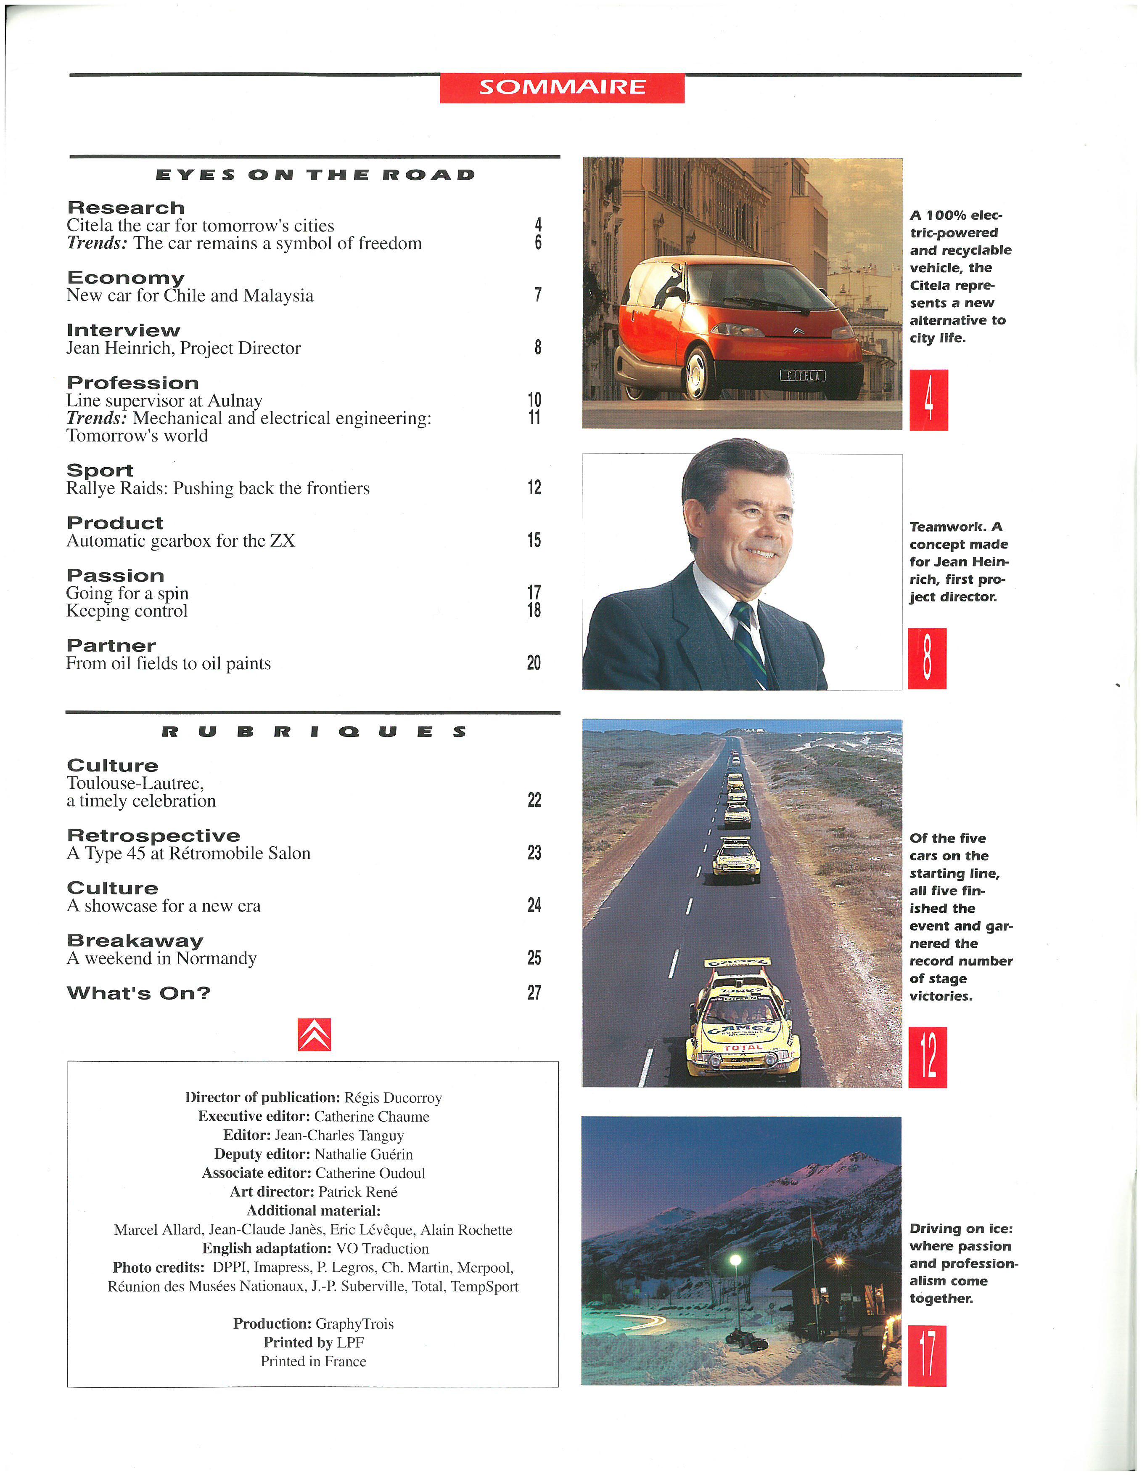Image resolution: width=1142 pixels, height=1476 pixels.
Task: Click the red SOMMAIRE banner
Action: click(x=561, y=87)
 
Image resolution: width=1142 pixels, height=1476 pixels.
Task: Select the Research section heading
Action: click(x=126, y=207)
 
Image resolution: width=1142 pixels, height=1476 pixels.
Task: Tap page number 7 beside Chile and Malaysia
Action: click(x=537, y=295)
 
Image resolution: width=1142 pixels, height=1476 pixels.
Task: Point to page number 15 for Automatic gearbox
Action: click(x=534, y=540)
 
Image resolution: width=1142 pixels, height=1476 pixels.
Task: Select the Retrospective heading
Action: click(x=153, y=836)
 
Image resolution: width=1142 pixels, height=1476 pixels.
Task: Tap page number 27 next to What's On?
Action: click(x=534, y=993)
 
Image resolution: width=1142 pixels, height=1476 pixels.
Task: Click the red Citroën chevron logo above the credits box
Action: click(x=314, y=1035)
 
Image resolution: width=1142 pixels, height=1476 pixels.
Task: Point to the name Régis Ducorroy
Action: click(x=393, y=1098)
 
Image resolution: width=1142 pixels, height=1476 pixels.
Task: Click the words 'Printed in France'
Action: click(x=313, y=1361)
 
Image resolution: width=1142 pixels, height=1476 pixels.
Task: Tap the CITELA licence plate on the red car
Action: click(x=802, y=375)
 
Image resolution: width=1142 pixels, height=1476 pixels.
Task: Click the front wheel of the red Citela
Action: click(x=695, y=371)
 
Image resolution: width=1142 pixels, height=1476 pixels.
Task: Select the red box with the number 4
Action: click(x=928, y=400)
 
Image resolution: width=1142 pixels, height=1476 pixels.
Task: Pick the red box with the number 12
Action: click(x=927, y=1057)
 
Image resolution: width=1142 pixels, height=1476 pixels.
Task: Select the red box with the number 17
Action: click(x=927, y=1356)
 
